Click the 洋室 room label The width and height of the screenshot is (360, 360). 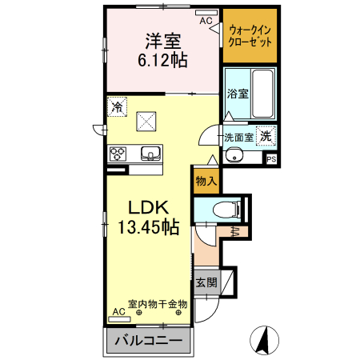(x=162, y=41)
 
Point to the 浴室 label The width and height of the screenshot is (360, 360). (x=237, y=94)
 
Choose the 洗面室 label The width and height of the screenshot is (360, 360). (x=239, y=137)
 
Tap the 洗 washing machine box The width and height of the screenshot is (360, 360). (x=265, y=136)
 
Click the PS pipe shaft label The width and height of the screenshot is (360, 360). (x=271, y=158)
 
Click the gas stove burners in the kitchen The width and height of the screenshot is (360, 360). (x=118, y=153)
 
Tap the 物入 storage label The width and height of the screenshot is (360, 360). (x=206, y=181)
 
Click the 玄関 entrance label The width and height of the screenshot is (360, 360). (x=206, y=282)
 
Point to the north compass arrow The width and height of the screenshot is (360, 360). (x=261, y=340)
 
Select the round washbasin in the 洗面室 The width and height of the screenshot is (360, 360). (x=236, y=156)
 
